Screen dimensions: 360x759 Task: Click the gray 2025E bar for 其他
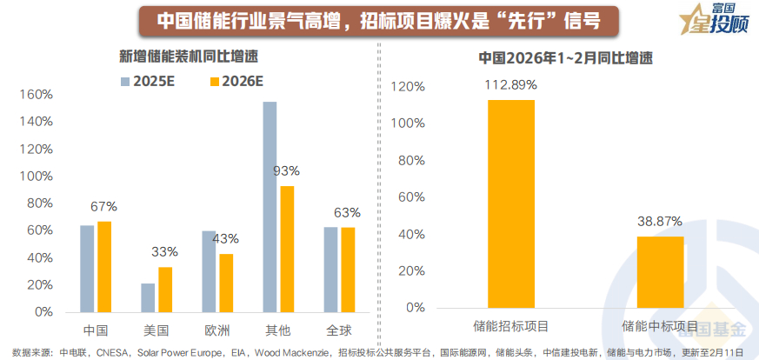tap(270, 206)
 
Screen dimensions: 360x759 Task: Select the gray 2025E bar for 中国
tap(87, 268)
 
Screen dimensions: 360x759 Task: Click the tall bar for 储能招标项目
tap(511, 203)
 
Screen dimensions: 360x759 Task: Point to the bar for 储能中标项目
tap(660, 271)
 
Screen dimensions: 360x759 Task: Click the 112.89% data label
tap(511, 85)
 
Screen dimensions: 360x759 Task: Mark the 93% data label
tap(286, 170)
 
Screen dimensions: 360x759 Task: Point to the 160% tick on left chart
tap(38, 95)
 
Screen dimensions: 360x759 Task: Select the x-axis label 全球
tap(339, 330)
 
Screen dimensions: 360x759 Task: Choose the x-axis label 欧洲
tap(217, 330)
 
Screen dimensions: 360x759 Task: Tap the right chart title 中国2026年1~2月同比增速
tap(565, 58)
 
